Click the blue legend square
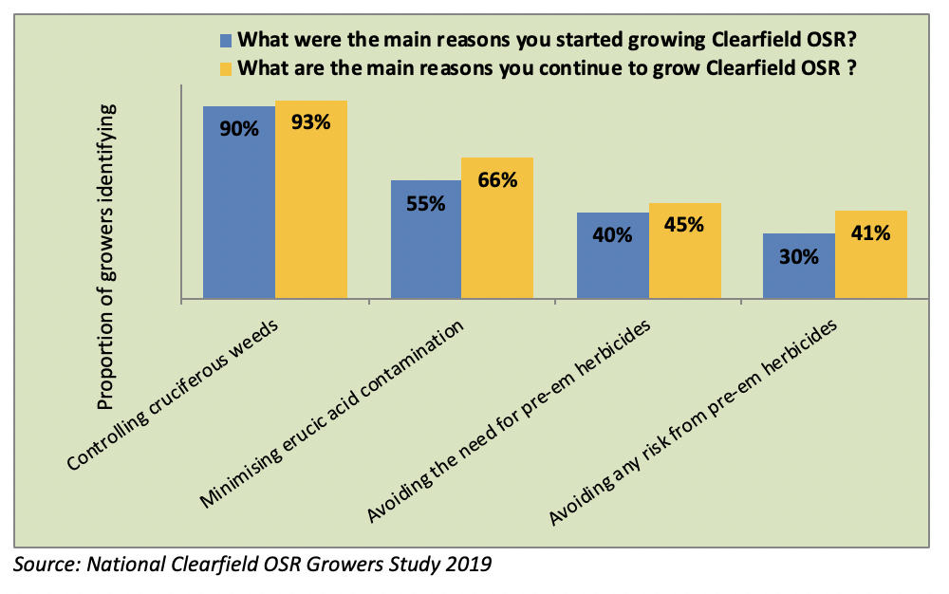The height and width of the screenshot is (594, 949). pos(226,41)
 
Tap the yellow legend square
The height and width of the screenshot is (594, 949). pos(226,68)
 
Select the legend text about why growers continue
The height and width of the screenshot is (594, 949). pos(554,68)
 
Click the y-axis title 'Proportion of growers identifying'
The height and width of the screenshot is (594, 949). pos(107,256)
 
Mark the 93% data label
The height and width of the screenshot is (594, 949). pos(311,124)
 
